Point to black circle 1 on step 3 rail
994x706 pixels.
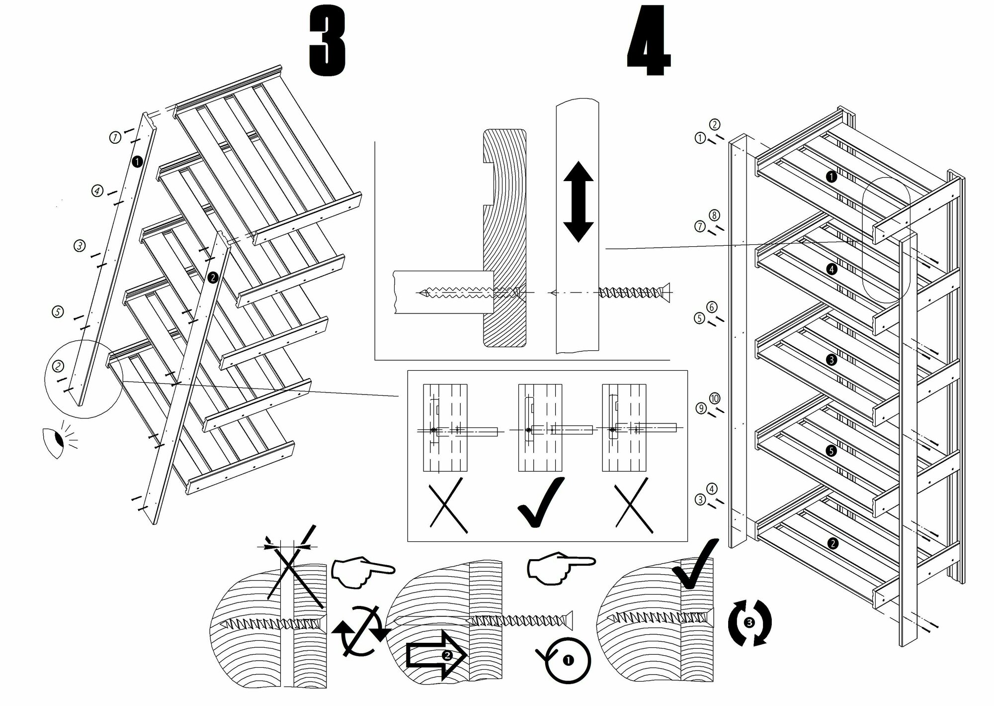point(138,161)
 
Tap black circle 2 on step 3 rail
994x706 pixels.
point(213,278)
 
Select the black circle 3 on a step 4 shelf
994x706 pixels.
point(832,360)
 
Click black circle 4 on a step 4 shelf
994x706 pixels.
point(832,269)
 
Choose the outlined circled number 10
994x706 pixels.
point(715,399)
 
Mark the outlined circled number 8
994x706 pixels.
point(714,215)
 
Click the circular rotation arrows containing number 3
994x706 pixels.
point(749,623)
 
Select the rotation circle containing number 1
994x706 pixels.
point(568,661)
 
